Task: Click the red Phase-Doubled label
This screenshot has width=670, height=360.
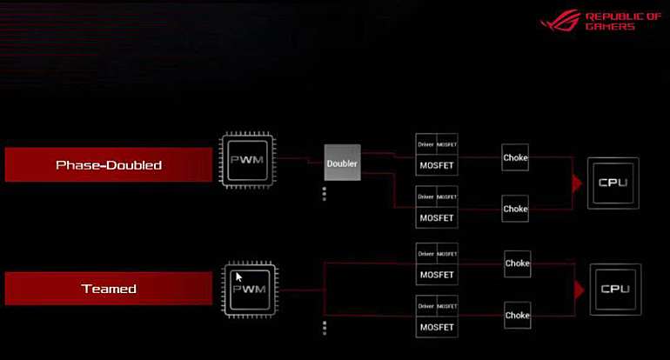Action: (x=109, y=165)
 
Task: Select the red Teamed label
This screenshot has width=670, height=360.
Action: (x=109, y=289)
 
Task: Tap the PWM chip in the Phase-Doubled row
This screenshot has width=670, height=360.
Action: (x=248, y=161)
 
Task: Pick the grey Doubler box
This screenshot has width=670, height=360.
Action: (x=342, y=163)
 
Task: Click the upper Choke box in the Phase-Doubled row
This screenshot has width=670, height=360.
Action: (x=515, y=158)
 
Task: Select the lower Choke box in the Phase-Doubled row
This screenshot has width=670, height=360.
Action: (x=515, y=209)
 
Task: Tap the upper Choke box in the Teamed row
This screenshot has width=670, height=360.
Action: (x=517, y=263)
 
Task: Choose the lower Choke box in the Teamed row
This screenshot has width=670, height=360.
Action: (x=517, y=316)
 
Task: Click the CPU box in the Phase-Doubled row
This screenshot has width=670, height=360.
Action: (x=613, y=183)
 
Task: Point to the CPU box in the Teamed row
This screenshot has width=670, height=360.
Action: (x=615, y=289)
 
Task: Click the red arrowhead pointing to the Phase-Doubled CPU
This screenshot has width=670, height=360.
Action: (x=576, y=183)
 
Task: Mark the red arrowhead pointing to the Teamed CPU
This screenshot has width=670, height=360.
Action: (x=579, y=289)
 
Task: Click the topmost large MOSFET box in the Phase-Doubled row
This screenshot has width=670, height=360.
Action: (x=437, y=164)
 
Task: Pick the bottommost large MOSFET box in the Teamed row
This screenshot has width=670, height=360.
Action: (x=437, y=327)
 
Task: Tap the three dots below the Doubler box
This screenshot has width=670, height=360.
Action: (x=325, y=194)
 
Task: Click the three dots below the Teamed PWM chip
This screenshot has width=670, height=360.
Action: (x=325, y=328)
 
